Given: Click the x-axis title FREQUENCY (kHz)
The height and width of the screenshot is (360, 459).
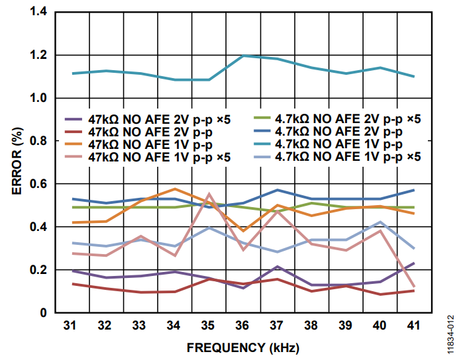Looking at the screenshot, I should coord(242,346).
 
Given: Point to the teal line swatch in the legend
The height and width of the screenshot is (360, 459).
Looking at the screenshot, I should coord(265,144).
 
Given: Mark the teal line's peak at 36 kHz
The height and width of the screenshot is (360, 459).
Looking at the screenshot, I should coord(242,56).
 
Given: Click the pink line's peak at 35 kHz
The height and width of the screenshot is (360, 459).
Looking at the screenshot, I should coord(209,194).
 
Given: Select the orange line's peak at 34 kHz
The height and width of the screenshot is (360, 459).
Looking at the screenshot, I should coord(174,189).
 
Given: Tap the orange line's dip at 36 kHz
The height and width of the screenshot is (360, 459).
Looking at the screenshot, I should coord(242,230).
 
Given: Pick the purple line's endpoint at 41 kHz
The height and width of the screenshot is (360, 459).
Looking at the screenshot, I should coord(414,263).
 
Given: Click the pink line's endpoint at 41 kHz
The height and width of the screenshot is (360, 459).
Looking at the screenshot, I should coord(414,287).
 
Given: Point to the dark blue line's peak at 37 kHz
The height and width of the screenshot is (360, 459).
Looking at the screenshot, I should coord(277,190).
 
